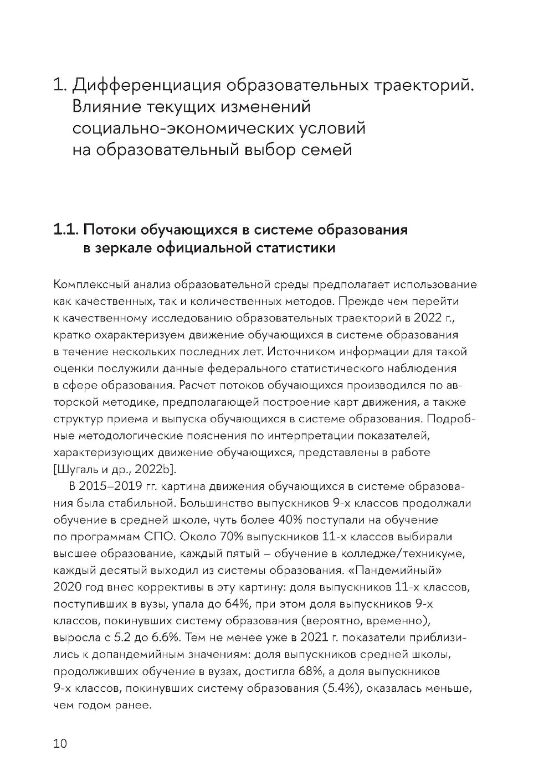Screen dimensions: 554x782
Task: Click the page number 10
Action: (60, 743)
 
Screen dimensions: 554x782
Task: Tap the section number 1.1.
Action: (66, 230)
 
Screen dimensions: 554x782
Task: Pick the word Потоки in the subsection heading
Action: (111, 230)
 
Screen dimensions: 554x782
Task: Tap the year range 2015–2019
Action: (111, 486)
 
